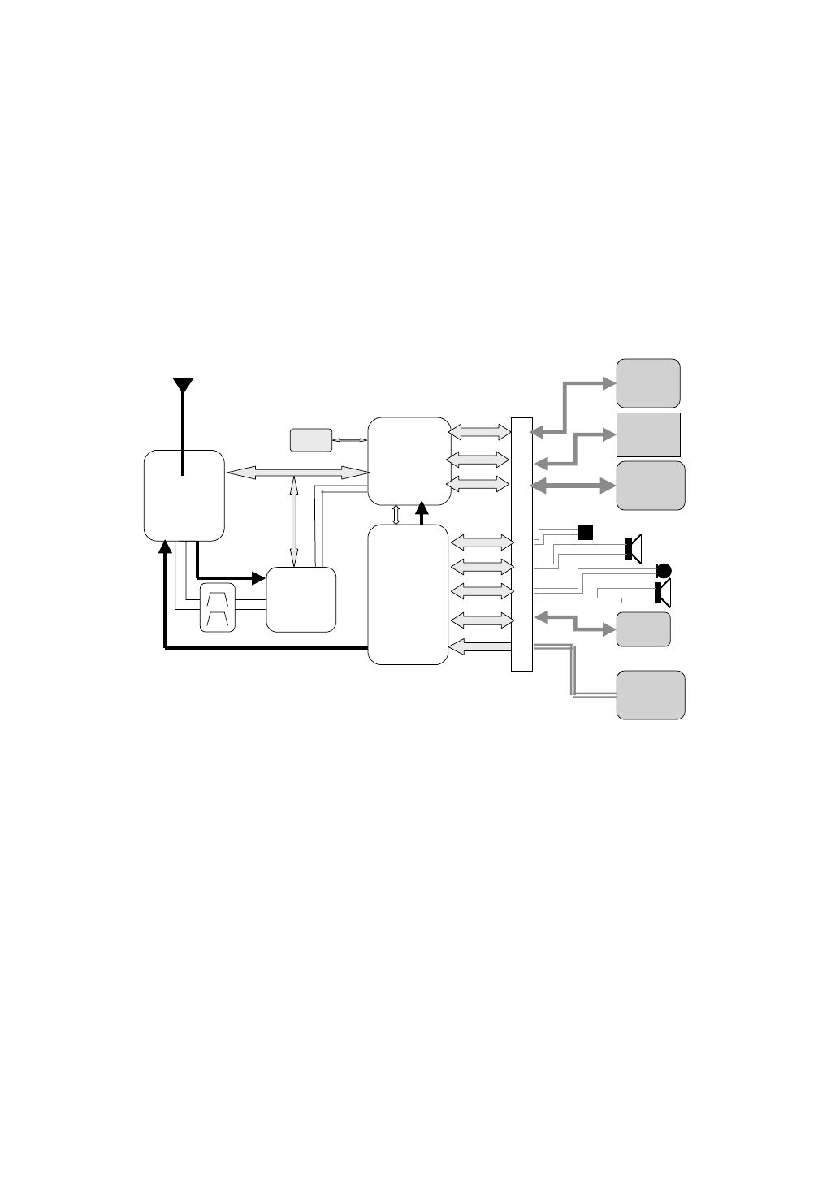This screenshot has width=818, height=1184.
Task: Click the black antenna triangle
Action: tap(184, 386)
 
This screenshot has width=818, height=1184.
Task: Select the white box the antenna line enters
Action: tap(184, 495)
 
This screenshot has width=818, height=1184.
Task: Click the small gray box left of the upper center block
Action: tap(311, 439)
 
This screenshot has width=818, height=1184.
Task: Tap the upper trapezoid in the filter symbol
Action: tap(218, 599)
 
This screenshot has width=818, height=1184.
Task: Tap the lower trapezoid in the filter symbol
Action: tap(218, 620)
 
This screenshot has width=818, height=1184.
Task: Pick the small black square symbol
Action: tap(585, 532)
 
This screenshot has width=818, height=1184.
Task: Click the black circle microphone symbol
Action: tap(664, 569)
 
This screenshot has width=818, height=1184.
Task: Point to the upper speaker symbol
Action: tap(634, 548)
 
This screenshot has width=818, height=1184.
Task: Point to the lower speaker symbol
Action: tap(663, 594)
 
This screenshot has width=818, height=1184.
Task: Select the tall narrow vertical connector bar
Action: tap(522, 544)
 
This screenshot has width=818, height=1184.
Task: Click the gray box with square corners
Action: tap(648, 434)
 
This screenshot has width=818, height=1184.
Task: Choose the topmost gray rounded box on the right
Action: tap(648, 382)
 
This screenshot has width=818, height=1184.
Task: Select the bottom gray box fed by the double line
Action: tap(650, 694)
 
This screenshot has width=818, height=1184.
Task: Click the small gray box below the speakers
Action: tap(643, 629)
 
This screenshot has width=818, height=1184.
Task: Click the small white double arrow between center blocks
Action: tap(396, 515)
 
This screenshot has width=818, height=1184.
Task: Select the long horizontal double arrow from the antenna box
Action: tap(297, 473)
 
